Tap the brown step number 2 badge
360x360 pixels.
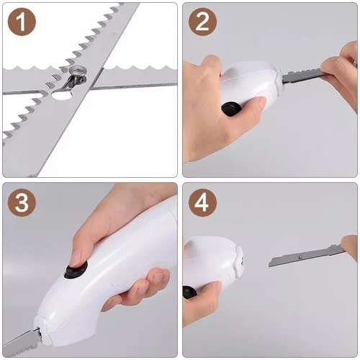click(203, 23)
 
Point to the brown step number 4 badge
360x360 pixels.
click(203, 203)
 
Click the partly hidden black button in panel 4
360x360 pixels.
click(189, 292)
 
